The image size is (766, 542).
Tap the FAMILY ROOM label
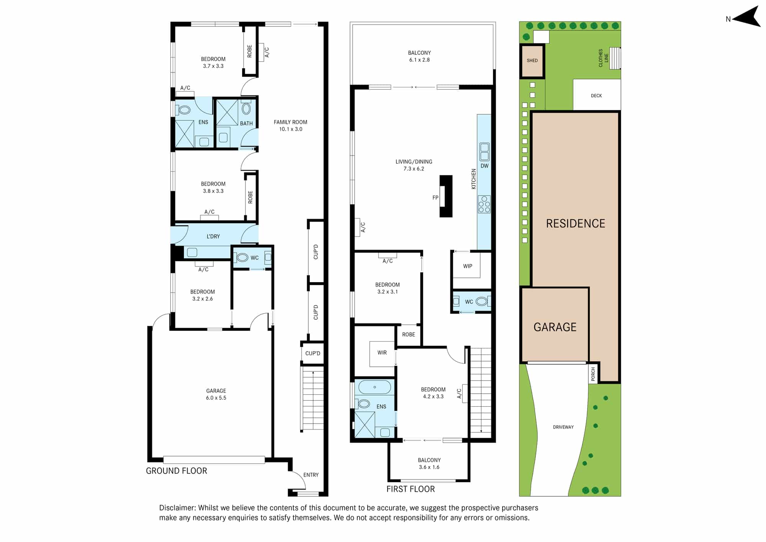pyautogui.click(x=290, y=122)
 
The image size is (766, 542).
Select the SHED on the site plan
pyautogui.click(x=532, y=61)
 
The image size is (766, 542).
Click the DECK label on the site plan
pyautogui.click(x=596, y=96)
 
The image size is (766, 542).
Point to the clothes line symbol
pyautogui.click(x=615, y=58)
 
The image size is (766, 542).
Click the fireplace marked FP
pyautogui.click(x=446, y=196)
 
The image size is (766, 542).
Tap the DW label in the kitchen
pyautogui.click(x=484, y=166)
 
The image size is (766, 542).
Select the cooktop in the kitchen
pyautogui.click(x=484, y=204)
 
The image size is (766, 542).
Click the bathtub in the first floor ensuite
pyautogui.click(x=375, y=387)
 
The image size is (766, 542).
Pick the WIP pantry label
pyautogui.click(x=468, y=266)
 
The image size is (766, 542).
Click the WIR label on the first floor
pyautogui.click(x=382, y=353)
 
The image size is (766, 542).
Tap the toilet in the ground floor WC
pyautogui.click(x=242, y=258)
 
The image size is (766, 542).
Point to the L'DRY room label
pyautogui.click(x=213, y=237)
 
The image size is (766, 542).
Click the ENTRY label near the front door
pyautogui.click(x=311, y=475)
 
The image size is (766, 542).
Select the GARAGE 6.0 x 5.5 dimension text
pyautogui.click(x=216, y=398)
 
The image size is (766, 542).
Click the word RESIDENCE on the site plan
pyautogui.click(x=576, y=223)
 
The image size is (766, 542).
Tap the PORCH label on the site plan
pyautogui.click(x=593, y=374)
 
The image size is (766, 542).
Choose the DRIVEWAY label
pyautogui.click(x=563, y=427)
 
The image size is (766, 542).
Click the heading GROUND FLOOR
pyautogui.click(x=177, y=471)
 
